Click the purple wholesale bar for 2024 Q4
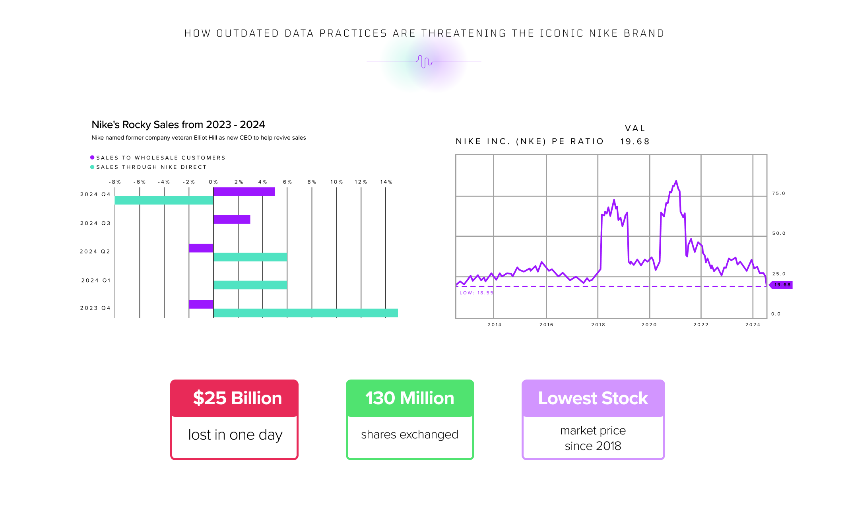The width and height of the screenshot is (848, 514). [x=244, y=192]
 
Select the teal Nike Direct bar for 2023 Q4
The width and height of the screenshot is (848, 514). [x=305, y=313]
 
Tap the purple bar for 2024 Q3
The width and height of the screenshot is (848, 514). [x=232, y=220]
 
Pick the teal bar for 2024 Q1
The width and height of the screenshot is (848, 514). [x=250, y=285]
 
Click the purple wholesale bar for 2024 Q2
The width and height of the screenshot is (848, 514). [x=201, y=248]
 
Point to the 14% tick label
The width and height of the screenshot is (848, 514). [x=386, y=182]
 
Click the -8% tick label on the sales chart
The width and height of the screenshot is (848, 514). [x=115, y=182]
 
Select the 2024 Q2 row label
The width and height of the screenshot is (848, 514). [x=95, y=251]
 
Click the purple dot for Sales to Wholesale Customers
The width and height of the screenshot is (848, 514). [x=92, y=158]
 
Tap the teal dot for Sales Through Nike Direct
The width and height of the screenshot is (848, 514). [x=92, y=167]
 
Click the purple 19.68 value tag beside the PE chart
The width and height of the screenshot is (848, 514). [x=782, y=285]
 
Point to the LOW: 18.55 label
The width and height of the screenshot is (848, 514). [x=476, y=293]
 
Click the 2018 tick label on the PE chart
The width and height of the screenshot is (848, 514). [x=598, y=325]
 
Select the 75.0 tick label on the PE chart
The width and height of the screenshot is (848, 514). [x=778, y=193]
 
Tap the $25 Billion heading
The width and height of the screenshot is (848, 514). [x=237, y=398]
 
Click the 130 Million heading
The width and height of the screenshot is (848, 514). [x=410, y=398]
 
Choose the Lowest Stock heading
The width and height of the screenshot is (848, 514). [x=593, y=398]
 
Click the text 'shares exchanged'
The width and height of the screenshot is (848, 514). [x=409, y=434]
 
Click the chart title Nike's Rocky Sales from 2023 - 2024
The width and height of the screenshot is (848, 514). [x=178, y=125]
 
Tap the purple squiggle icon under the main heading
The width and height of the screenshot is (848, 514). [x=425, y=62]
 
